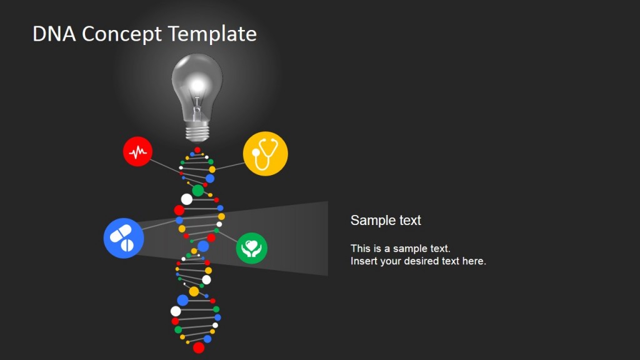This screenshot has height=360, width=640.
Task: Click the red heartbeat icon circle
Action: [138, 151]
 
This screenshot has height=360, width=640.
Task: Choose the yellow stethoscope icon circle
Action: [265, 154]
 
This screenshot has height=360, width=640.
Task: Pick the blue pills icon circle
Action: [124, 237]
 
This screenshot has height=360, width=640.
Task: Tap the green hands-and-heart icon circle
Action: [252, 248]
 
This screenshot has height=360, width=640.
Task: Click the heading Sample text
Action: [386, 220]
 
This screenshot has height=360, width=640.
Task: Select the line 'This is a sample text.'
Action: [400, 248]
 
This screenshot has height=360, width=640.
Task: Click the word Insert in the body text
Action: [363, 261]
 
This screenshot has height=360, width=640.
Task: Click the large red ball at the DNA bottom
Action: [199, 347]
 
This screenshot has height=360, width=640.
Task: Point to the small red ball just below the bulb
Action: [197, 150]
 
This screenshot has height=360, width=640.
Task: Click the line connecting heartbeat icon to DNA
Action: [166, 164]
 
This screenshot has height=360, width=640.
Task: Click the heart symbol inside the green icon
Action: [252, 245]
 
